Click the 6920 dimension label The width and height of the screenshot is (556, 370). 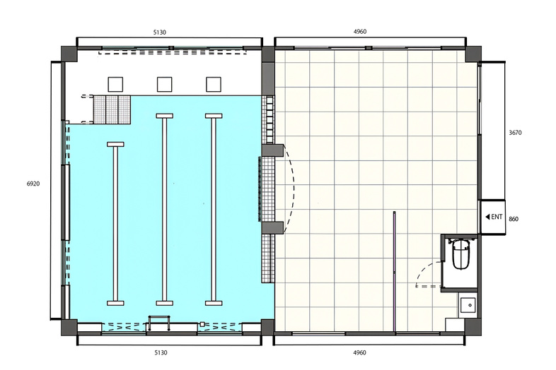coord(33,184)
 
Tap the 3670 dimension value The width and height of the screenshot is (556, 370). coord(515,133)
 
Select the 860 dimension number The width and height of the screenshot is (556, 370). coord(514,219)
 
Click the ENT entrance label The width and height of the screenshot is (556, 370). coord(494,217)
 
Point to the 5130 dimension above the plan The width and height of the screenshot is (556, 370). coord(160,32)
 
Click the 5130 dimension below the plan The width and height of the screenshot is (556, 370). coord(161,352)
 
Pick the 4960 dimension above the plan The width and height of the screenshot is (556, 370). coord(360,32)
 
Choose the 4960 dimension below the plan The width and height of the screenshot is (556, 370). coord(359,352)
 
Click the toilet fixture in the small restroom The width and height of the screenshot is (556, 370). coord(461,254)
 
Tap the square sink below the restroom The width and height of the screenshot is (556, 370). coord(468,305)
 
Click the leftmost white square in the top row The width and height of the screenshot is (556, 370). coord(115,84)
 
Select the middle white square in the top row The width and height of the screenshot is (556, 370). coord(165,84)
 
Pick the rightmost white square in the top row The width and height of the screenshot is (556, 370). coord(214,84)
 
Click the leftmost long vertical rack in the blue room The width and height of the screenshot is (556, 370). coord(115,224)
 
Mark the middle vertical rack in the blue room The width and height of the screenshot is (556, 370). coord(165,210)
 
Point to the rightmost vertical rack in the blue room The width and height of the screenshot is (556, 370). coord(214,210)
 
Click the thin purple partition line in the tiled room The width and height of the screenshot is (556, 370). coord(394,272)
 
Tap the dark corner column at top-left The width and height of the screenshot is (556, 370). coord(69,54)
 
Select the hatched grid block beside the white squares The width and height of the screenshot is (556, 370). coord(112,109)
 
